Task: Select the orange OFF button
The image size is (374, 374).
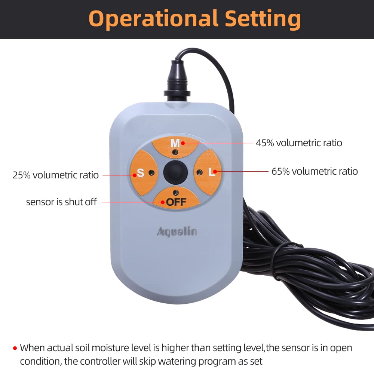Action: click(x=176, y=200)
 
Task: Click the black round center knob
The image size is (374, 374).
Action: click(x=175, y=172)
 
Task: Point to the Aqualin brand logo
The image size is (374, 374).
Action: click(x=177, y=232)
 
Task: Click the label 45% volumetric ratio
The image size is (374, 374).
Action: click(x=299, y=143)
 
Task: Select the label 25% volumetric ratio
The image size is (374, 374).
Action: click(x=56, y=175)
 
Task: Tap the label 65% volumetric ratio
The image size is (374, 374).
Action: click(x=315, y=171)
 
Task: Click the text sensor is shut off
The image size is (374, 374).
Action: click(x=61, y=202)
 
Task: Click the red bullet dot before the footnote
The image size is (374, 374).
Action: click(x=15, y=348)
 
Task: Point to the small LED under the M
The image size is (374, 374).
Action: click(x=175, y=152)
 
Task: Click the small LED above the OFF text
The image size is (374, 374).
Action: click(x=175, y=192)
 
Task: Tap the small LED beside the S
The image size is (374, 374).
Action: click(x=151, y=172)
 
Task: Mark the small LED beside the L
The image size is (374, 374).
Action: click(x=200, y=172)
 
